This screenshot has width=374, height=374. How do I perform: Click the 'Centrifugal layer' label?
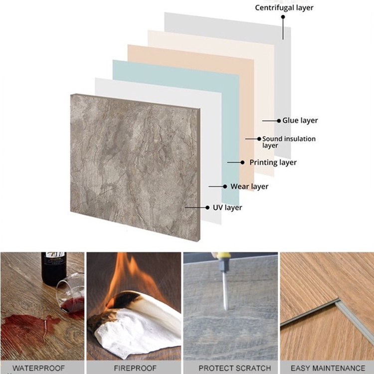(x=284, y=8)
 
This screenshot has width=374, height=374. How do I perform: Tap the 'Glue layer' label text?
(x=300, y=121)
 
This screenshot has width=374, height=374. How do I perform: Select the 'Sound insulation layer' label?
(x=289, y=142)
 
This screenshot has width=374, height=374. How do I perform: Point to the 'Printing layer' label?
(x=273, y=163)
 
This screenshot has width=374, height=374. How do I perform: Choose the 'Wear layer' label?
(x=249, y=187)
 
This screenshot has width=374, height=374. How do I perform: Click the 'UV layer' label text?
(x=227, y=207)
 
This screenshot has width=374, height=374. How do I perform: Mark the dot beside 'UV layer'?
(x=207, y=207)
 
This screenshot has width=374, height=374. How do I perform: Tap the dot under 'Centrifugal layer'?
(x=283, y=17)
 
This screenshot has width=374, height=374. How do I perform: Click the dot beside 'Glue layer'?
(x=279, y=121)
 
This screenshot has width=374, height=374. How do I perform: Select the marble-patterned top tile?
(x=135, y=167)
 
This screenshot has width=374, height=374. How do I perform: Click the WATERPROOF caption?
(x=38, y=368)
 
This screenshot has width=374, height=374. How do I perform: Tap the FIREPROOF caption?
(x=135, y=368)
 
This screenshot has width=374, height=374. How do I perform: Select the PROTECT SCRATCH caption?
(x=235, y=368)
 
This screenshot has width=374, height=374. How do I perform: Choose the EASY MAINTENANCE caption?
(x=328, y=368)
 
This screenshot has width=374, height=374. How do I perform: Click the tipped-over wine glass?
(x=71, y=293)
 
